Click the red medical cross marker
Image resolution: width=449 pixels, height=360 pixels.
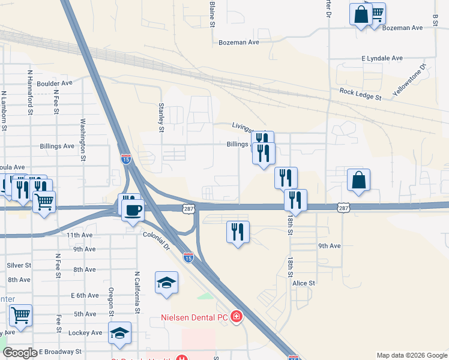237,316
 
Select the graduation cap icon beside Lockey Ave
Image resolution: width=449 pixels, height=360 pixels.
119,333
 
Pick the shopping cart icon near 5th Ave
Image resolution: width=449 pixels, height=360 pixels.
20,315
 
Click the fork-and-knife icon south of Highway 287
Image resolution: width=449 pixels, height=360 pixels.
238,232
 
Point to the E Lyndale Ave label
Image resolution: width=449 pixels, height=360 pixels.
382,58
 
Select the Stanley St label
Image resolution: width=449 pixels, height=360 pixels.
161,117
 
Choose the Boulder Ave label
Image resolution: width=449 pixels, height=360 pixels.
54,84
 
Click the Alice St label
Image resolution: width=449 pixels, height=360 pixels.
304,283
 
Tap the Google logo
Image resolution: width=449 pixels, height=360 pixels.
20,353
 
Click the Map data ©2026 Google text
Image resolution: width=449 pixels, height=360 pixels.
411,355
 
